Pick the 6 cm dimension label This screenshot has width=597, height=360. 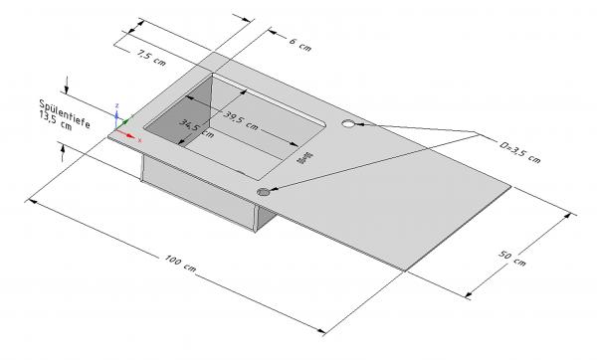click(x=299, y=45)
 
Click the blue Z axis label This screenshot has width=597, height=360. click(x=117, y=104)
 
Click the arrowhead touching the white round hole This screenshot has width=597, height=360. click(x=360, y=124)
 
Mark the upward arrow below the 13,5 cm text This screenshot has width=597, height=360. click(x=66, y=148)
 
